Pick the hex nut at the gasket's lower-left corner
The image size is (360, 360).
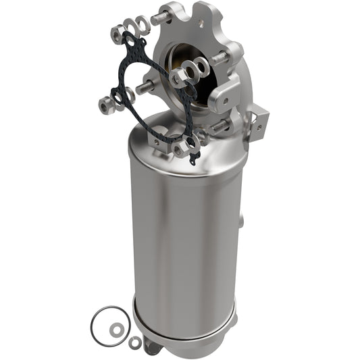(x=104, y=105)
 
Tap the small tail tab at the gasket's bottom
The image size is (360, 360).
(x=195, y=160)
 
